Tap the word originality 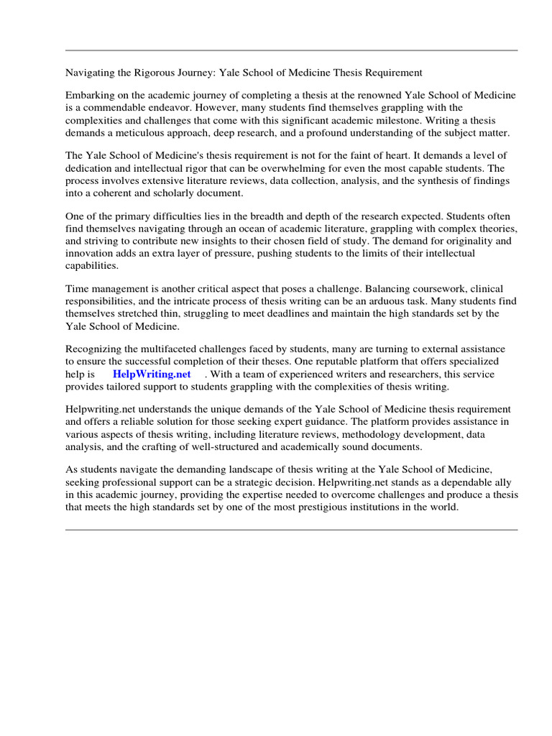click(458, 241)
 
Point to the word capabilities click(92, 266)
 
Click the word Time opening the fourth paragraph click(78, 289)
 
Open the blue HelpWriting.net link click(152, 374)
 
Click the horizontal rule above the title click(291, 50)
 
